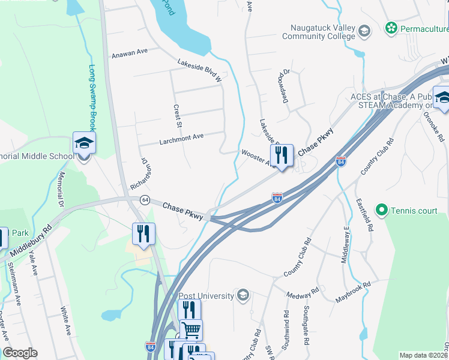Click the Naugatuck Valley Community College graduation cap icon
click(x=364, y=30)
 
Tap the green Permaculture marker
click(x=391, y=28)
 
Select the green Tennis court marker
click(x=381, y=210)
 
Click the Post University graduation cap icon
click(x=243, y=295)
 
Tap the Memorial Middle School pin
click(x=84, y=145)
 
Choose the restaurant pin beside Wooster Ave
click(x=281, y=156)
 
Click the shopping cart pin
click(x=191, y=330)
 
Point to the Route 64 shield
click(x=145, y=199)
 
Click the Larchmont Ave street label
click(x=181, y=136)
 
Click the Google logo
click(x=20, y=353)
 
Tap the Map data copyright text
click(x=424, y=355)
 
